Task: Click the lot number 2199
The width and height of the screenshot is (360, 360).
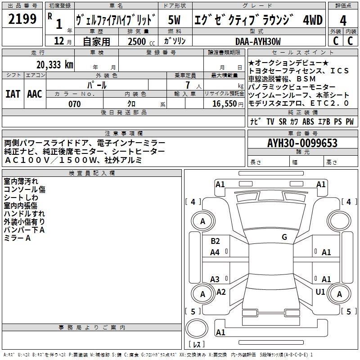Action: pos(22,19)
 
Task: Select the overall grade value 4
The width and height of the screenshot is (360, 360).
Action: pos(343,21)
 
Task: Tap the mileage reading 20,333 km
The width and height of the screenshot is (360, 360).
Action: pos(55,65)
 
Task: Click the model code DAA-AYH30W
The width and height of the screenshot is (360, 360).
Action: pos(258,41)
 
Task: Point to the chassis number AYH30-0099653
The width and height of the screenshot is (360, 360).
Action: pos(302,143)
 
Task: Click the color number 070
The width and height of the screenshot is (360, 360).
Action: pos(75,104)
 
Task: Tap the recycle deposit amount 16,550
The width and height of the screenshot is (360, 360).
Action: pos(224,104)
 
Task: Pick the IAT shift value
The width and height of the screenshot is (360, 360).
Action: pos(13,94)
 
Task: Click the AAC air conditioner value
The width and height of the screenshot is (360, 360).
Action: pos(35,94)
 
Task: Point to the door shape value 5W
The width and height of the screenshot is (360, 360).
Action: pos(174,20)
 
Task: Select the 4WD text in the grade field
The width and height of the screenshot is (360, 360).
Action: pos(313,20)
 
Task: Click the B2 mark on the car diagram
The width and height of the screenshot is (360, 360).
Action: pos(215,241)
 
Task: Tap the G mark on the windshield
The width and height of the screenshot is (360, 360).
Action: pos(284,237)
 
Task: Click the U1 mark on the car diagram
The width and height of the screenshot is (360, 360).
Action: pos(320,292)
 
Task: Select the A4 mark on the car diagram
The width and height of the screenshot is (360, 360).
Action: pos(215,252)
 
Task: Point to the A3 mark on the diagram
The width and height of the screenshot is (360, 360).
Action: pos(215,279)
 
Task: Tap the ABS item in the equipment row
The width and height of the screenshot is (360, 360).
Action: pos(308,121)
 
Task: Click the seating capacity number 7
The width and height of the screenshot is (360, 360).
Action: pos(188,85)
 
